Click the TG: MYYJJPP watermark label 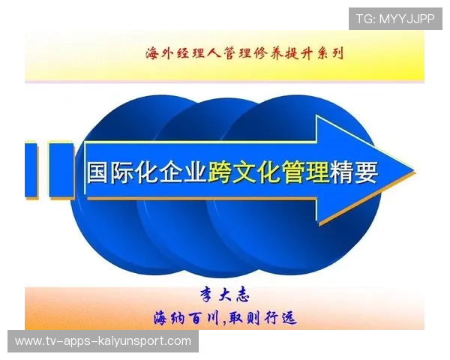pos(395,18)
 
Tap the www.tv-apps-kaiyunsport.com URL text pos(103,341)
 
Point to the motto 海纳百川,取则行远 pos(224,318)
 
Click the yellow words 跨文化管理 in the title pos(269,173)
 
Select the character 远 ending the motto pos(286,318)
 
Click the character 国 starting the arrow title pos(97,173)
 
